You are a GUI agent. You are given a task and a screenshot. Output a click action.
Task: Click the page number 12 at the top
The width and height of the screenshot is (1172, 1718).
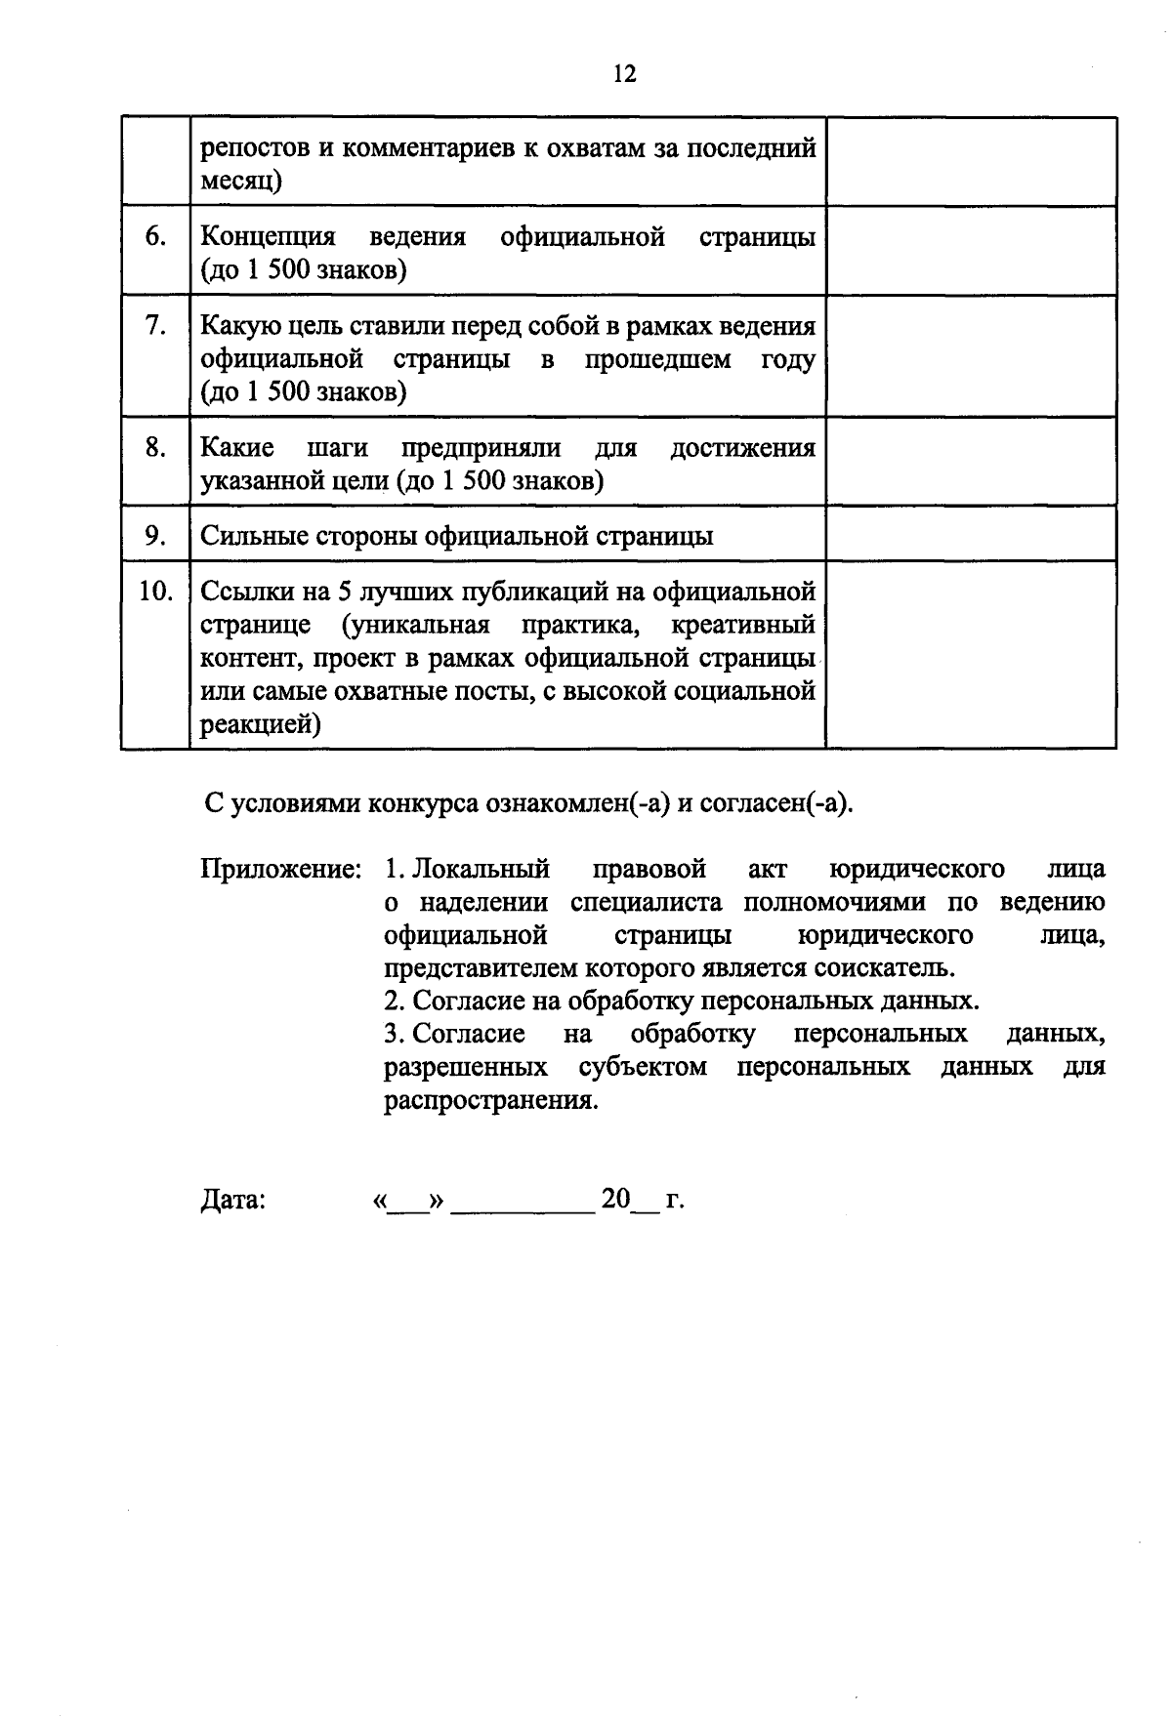(625, 74)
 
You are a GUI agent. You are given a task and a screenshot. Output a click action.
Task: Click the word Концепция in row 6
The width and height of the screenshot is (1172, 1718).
(268, 237)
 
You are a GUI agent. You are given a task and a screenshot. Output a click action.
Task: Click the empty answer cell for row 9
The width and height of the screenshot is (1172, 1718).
(971, 533)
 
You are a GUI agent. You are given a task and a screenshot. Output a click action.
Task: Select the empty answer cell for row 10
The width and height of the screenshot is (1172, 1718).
(971, 654)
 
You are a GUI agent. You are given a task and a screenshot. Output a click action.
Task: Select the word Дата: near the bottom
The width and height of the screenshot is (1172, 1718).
(233, 1200)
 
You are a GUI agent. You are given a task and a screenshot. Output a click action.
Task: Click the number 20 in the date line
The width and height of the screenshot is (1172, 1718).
(616, 1199)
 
